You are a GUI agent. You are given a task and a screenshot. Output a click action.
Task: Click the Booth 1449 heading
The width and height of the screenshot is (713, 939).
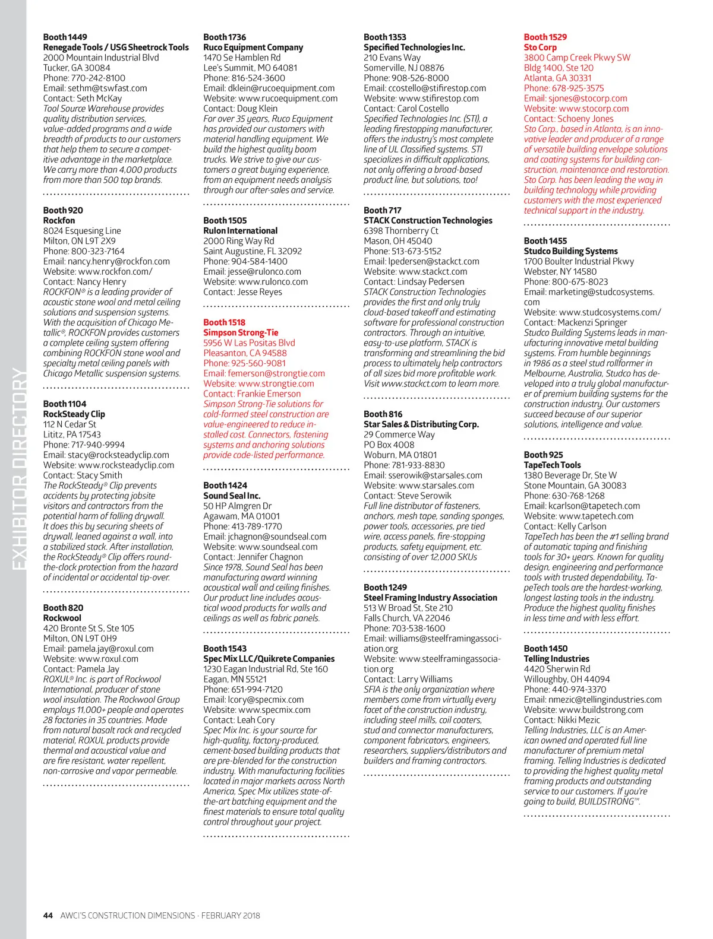point(65,37)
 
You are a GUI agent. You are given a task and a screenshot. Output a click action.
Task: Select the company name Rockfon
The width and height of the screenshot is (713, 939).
point(59,220)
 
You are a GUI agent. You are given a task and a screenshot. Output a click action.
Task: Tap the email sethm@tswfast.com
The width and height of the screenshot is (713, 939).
point(95,88)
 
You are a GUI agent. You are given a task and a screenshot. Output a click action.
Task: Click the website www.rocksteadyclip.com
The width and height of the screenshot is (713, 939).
point(109,465)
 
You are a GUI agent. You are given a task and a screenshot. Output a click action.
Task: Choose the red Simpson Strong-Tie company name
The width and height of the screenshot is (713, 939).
point(241,332)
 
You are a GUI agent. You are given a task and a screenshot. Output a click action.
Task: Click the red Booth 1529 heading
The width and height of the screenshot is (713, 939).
point(545,37)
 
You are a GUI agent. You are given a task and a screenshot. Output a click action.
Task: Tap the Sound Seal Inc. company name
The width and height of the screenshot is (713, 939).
point(232,496)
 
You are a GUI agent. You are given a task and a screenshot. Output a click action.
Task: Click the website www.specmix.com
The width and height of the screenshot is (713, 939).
point(257,709)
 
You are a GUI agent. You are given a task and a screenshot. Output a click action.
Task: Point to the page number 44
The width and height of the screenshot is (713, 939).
point(48,915)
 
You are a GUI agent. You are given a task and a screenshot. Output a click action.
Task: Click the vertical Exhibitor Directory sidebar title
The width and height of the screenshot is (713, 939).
point(19,469)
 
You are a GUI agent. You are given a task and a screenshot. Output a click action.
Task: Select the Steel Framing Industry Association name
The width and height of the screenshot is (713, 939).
point(430,598)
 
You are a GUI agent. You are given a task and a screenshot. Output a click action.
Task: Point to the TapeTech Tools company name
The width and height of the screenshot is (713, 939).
point(552,465)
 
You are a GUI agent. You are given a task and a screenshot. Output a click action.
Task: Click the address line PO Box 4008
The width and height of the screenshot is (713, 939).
point(389,445)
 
